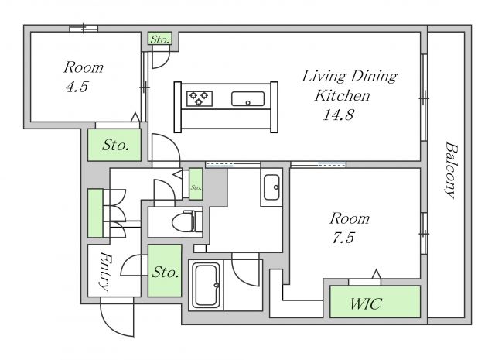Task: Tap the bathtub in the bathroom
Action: click(x=207, y=285)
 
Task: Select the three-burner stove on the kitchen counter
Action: click(x=200, y=98)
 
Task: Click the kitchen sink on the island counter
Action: click(x=247, y=99)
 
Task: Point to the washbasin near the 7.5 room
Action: click(x=271, y=187)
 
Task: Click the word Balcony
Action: click(x=450, y=170)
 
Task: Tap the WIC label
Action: click(x=366, y=303)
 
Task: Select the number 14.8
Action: click(x=339, y=115)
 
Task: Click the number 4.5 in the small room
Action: click(x=77, y=87)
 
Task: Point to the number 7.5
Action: click(x=343, y=238)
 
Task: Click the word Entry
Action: click(x=104, y=272)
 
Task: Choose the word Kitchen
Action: click(x=342, y=95)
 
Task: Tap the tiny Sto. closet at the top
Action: click(x=160, y=39)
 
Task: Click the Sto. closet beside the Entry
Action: click(x=165, y=270)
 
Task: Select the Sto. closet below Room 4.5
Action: click(x=114, y=145)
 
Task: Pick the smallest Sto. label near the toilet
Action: click(x=196, y=187)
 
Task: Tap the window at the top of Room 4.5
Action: click(x=84, y=29)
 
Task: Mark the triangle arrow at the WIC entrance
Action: click(x=376, y=274)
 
